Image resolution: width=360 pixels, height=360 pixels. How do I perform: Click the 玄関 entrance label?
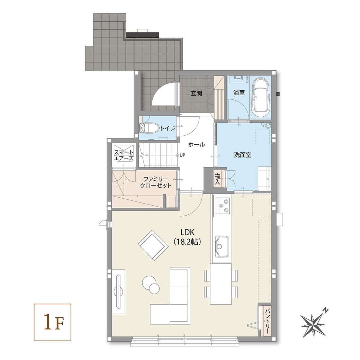coord(196,93)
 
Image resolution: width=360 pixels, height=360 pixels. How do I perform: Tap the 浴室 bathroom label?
coord(239,93)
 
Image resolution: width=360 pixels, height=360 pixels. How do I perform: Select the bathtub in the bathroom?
coord(261,97)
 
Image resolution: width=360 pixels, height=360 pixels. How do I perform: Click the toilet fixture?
coord(149,128)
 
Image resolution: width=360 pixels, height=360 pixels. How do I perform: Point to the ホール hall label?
coord(197,144)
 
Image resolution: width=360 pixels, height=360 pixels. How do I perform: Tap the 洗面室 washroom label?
coord(243,155)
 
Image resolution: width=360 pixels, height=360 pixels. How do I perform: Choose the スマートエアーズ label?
coord(124,155)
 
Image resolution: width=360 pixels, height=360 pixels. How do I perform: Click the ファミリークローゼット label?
coord(156,182)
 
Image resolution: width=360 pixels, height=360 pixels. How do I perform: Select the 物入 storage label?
coord(217,179)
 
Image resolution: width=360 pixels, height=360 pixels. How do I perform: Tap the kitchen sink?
coord(222,246)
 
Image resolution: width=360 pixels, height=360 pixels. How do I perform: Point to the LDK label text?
coord(187,232)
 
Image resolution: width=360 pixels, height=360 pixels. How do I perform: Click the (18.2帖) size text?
coord(187,242)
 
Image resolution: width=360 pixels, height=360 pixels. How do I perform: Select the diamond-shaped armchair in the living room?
coord(152,245)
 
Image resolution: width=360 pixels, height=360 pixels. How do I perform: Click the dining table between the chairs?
coord(220,284)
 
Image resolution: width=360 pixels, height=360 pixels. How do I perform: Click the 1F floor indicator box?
coord(53,322)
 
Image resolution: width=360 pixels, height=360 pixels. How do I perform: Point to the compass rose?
coord(313,324)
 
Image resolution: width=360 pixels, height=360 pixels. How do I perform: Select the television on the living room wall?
coord(119,291)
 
